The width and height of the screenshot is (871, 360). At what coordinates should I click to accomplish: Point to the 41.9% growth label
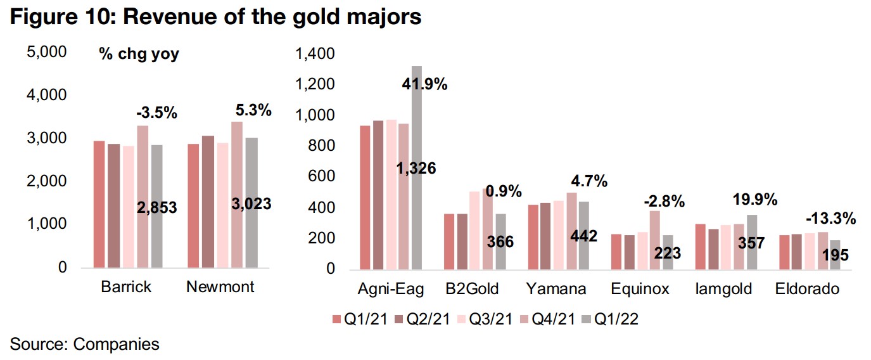tap(426, 84)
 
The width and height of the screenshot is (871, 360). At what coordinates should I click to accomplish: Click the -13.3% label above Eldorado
tap(830, 219)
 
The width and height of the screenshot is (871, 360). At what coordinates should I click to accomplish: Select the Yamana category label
tap(556, 289)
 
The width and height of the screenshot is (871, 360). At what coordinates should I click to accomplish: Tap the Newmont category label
tap(220, 286)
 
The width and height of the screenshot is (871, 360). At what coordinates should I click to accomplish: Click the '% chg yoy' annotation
tap(139, 55)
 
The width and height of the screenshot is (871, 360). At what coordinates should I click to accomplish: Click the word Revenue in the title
tap(164, 17)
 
